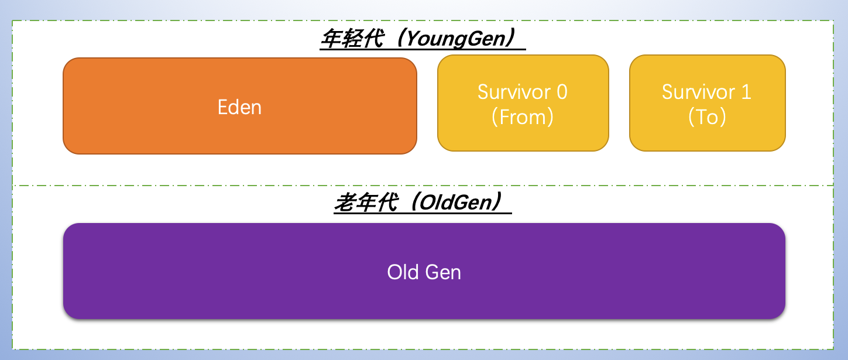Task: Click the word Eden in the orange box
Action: tap(239, 107)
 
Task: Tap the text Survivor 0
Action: tap(522, 92)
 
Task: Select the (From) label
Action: tap(522, 117)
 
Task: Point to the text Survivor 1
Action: tap(706, 92)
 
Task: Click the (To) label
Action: tap(707, 117)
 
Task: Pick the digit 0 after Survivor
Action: tap(561, 92)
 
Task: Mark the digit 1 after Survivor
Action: tap(746, 92)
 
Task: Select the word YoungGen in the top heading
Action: tap(455, 39)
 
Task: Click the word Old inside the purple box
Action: tap(403, 272)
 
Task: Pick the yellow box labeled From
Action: tap(523, 138)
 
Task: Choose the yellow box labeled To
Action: tap(707, 138)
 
